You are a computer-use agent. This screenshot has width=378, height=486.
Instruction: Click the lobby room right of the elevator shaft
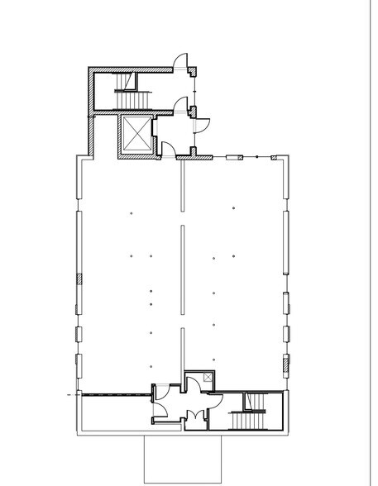174,132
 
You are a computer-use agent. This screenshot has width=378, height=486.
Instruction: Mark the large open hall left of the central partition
128,273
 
